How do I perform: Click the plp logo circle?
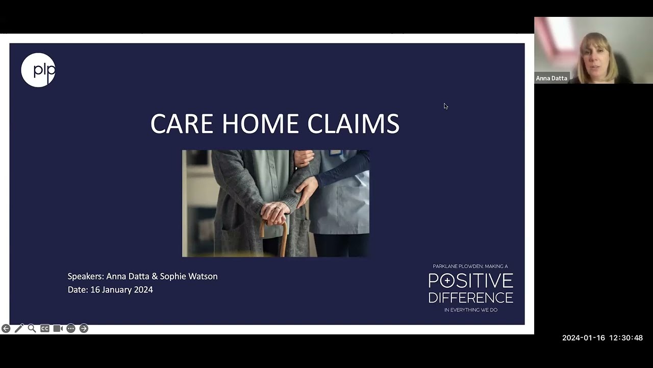38,70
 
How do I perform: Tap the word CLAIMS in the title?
353,124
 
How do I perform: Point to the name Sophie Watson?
189,276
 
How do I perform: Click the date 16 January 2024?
121,290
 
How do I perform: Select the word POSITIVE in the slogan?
470,281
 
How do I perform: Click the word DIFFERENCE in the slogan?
470,297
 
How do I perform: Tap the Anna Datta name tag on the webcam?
551,78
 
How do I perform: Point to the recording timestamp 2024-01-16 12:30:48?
602,338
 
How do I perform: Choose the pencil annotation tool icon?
19,329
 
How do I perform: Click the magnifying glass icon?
32,329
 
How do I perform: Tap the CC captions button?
45,329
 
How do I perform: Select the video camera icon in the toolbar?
58,329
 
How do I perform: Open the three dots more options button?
71,329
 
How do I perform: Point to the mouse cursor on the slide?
445,106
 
